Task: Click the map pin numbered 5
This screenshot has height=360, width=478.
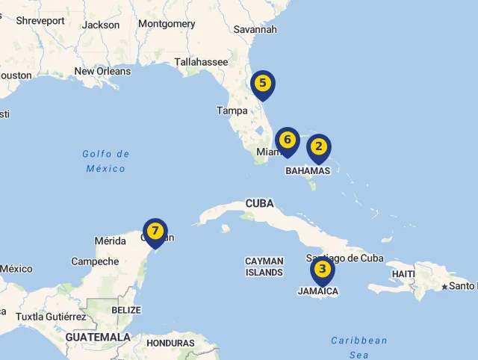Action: pyautogui.click(x=263, y=84)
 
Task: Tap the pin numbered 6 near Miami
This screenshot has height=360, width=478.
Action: pyautogui.click(x=287, y=140)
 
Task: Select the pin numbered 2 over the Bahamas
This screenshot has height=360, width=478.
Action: pyautogui.click(x=319, y=147)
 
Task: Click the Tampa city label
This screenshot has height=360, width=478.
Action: pyautogui.click(x=232, y=111)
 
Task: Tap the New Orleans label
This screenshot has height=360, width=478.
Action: pyautogui.click(x=102, y=72)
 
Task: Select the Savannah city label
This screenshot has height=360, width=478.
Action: pyautogui.click(x=255, y=30)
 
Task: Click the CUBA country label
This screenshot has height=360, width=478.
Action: pyautogui.click(x=259, y=203)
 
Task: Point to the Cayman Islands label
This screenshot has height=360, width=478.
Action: pyautogui.click(x=264, y=267)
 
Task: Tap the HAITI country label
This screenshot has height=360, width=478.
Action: pyautogui.click(x=403, y=274)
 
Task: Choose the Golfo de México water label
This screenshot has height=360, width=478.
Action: pyautogui.click(x=106, y=161)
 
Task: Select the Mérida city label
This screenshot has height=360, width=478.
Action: pyautogui.click(x=111, y=240)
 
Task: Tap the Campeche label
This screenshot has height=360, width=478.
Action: pyautogui.click(x=95, y=261)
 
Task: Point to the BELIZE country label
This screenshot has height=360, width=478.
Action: pyautogui.click(x=125, y=310)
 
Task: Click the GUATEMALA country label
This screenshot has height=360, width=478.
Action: pyautogui.click(x=98, y=338)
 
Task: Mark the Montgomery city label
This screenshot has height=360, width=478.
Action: pyautogui.click(x=167, y=24)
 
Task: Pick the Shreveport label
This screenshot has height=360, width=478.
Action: pyautogui.click(x=40, y=21)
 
